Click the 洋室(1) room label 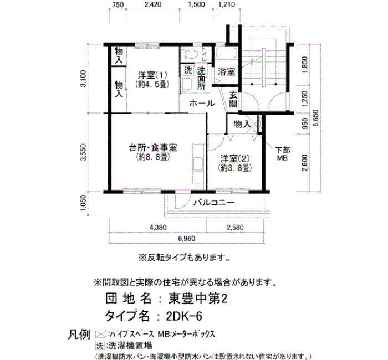point(152,74)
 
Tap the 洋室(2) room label point(235,158)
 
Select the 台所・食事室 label point(153,148)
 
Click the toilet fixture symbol point(188,53)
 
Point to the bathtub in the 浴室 point(226,53)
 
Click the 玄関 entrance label point(233,99)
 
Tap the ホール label point(202,104)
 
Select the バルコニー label point(214,203)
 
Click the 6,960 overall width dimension point(187,239)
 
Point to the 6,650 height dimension point(316,118)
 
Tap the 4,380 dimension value point(158,227)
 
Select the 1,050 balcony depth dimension point(84,203)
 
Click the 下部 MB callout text point(283,154)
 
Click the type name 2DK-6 point(184,316)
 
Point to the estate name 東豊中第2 point(197,299)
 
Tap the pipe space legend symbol point(101,335)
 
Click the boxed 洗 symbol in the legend point(100,346)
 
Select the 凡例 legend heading point(79,335)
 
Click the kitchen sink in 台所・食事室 point(198,164)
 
